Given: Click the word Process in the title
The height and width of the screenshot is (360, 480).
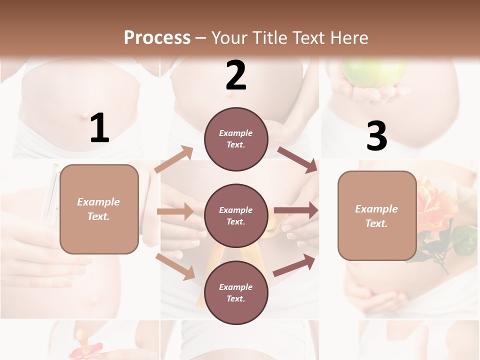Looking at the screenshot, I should (157, 37).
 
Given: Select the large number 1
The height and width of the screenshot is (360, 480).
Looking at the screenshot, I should (99, 129).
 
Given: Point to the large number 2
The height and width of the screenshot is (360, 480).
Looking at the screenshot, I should (236, 75).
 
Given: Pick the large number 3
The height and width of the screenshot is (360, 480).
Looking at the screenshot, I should (377, 136).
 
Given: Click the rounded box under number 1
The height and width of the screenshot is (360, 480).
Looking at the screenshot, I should (99, 209).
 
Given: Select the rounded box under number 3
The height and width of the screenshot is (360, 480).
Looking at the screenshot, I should (377, 215).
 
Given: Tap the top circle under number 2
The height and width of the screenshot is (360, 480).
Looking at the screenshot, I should (236, 138).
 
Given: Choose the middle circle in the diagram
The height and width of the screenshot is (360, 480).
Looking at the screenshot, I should (236, 215).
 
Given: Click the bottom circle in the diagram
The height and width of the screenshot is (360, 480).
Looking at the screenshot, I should (236, 292).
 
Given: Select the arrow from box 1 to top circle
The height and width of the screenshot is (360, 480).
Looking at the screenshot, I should (174, 159).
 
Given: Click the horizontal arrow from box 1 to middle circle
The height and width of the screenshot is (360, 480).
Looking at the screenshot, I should (175, 211).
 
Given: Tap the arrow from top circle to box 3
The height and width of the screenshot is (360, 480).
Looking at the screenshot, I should (297, 159).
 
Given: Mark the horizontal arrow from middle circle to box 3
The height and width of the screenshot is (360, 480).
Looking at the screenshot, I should (296, 210).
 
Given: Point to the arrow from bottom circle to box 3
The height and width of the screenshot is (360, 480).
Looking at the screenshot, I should (294, 265).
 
